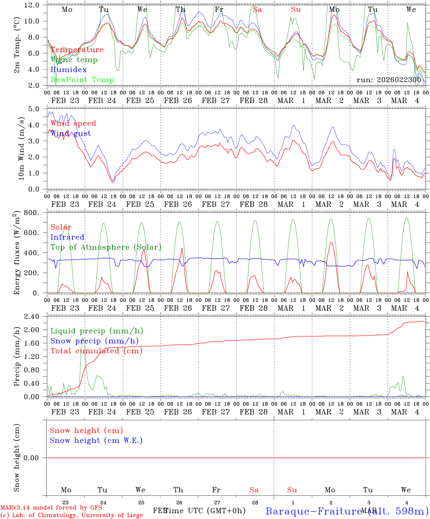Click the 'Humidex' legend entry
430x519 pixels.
point(68,70)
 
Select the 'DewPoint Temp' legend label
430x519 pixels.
point(82,80)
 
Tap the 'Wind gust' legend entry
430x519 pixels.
point(71,133)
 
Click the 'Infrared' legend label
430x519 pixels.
point(67,237)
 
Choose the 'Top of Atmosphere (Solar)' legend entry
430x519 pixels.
point(106,247)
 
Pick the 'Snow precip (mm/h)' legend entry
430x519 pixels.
point(94,341)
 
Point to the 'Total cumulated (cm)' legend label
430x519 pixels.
point(96,351)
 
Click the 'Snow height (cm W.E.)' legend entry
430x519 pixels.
point(96,440)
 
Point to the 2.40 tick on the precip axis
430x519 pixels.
point(32,316)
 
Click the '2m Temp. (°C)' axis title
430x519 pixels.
point(17,45)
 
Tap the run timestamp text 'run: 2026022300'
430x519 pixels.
point(389,80)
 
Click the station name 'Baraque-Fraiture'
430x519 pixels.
point(313,511)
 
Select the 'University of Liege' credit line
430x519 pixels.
point(72,515)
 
